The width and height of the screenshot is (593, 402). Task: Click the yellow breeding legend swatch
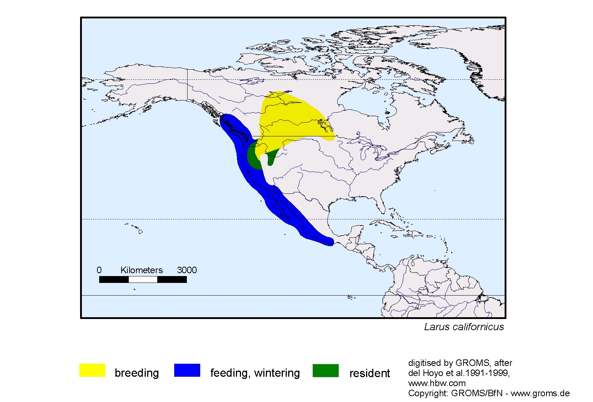pyautogui.click(x=92, y=370)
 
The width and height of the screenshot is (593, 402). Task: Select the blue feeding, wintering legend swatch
pyautogui.click(x=187, y=370)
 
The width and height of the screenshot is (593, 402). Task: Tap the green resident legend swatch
pyautogui.click(x=325, y=370)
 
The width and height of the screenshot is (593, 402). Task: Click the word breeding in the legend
pyautogui.click(x=137, y=373)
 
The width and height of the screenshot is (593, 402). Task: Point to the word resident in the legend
pyautogui.click(x=369, y=373)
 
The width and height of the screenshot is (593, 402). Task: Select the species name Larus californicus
pyautogui.click(x=464, y=327)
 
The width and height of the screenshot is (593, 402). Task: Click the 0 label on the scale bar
pyautogui.click(x=99, y=270)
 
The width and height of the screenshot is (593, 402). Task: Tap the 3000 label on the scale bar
pyautogui.click(x=186, y=270)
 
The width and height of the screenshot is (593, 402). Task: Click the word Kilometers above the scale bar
pyautogui.click(x=141, y=270)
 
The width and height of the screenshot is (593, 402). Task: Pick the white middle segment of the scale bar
pyautogui.click(x=143, y=280)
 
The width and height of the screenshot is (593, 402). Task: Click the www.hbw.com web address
pyautogui.click(x=436, y=383)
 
